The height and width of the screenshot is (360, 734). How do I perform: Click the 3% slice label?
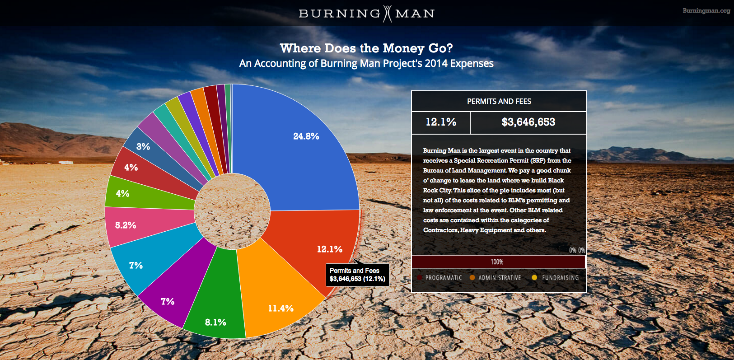(x=143, y=146)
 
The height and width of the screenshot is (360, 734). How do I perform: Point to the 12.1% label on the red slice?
(x=329, y=249)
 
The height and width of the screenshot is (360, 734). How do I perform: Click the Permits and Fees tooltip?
(x=357, y=275)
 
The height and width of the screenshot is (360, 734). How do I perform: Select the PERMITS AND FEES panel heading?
(x=499, y=101)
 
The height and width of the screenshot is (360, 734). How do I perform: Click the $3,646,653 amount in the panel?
(x=528, y=122)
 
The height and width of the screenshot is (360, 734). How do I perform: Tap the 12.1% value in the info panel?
(x=441, y=122)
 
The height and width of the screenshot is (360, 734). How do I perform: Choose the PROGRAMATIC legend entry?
(x=443, y=278)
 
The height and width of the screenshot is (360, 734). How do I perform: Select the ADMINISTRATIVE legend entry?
(x=499, y=278)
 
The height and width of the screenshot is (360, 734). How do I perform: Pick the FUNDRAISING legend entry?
(x=560, y=278)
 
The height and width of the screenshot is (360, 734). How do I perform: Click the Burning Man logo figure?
(x=388, y=14)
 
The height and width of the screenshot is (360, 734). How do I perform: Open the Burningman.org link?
(x=706, y=10)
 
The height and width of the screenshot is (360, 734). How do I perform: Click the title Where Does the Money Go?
(x=366, y=48)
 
